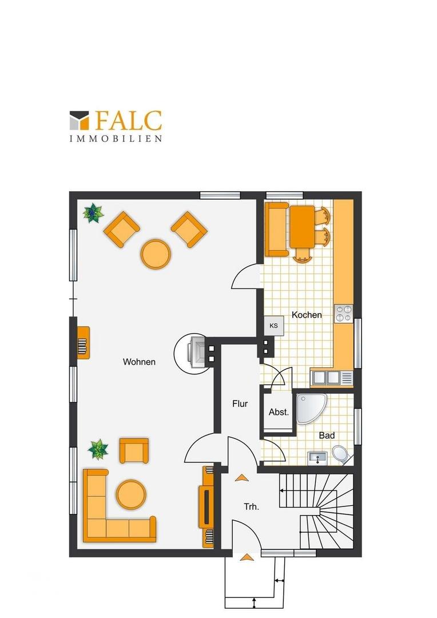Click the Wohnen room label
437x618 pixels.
coord(139,362)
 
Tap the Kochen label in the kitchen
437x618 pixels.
coord(307,315)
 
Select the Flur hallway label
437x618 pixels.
coord(240,403)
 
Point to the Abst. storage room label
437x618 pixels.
coord(279,412)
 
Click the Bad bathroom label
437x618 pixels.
coord(327,435)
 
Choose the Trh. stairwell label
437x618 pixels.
coord(252,507)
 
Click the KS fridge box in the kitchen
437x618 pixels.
coord(274,326)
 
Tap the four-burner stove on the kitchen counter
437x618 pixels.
coord(343,314)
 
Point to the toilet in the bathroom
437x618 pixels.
coord(341,454)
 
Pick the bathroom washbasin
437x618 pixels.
coord(317,458)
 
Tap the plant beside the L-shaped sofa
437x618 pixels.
coord(98,449)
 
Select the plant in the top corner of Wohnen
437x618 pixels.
coord(93,213)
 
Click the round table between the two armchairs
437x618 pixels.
coord(156,254)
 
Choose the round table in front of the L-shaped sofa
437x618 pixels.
coord(131,494)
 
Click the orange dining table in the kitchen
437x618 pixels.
coord(303,227)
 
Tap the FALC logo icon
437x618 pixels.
coord(79,121)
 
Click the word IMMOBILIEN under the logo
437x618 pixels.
coord(116,138)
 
